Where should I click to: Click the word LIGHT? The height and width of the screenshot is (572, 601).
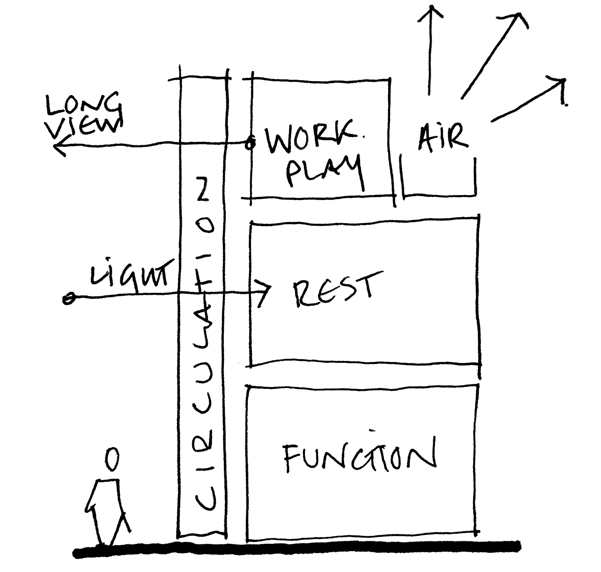click(131, 275)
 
